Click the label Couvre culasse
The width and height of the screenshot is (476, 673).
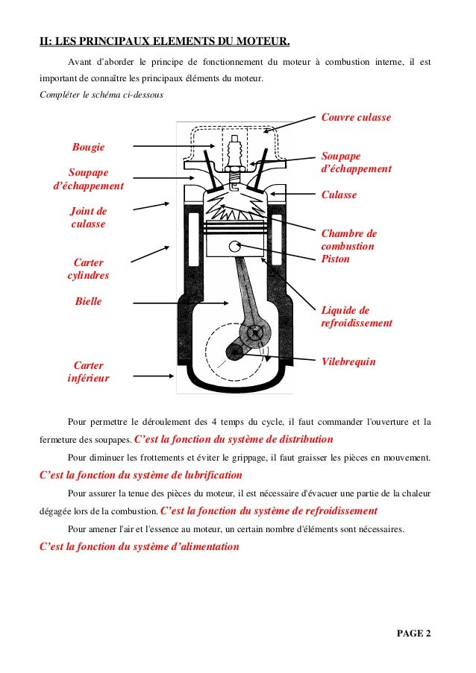pos(355,118)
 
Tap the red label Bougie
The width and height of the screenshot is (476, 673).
pos(88,147)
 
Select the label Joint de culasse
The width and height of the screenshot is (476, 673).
pos(88,217)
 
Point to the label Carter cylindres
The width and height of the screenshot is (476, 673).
pos(88,269)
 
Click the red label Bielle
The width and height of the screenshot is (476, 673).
pos(88,302)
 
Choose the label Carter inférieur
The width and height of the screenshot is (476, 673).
pos(88,372)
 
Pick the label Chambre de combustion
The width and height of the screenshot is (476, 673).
pos(348,240)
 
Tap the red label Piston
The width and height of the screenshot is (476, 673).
pos(335,259)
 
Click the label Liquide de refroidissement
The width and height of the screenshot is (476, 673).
pos(356,317)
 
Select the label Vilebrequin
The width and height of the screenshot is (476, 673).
pos(348,361)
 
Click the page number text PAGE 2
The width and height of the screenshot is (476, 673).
pos(413,634)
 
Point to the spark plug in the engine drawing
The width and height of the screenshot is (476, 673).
pos(237,152)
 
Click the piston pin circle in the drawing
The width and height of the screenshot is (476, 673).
pos(237,247)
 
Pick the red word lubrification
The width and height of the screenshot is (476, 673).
pos(205,475)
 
